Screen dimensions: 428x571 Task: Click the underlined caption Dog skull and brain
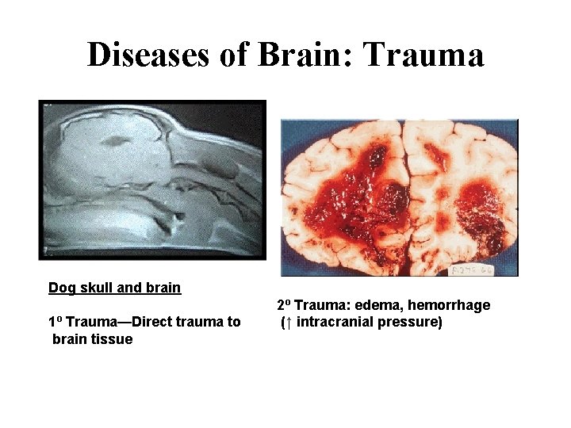click(114, 288)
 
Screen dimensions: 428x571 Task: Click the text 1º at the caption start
click(56, 322)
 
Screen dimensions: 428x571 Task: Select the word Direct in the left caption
click(151, 322)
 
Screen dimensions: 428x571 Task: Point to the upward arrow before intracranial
click(288, 323)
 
